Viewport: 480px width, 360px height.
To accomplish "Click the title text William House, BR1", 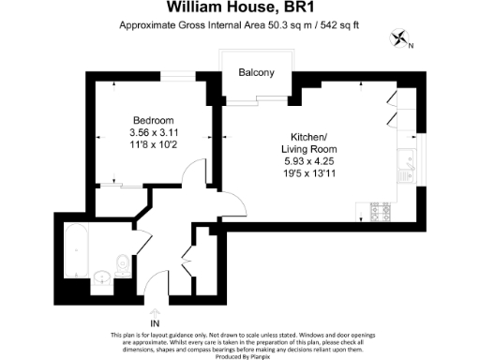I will (239, 7).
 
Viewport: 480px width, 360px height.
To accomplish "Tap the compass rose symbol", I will (400, 38).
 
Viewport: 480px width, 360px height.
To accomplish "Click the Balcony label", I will (256, 73).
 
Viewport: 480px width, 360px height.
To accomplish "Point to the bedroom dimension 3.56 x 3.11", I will (154, 133).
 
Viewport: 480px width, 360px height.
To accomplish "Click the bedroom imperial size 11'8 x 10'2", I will (154, 145).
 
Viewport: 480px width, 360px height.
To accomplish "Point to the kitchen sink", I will (409, 168).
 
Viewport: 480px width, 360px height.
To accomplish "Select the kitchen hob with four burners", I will (382, 212).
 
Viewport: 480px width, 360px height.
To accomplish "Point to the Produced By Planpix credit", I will (239, 355).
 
